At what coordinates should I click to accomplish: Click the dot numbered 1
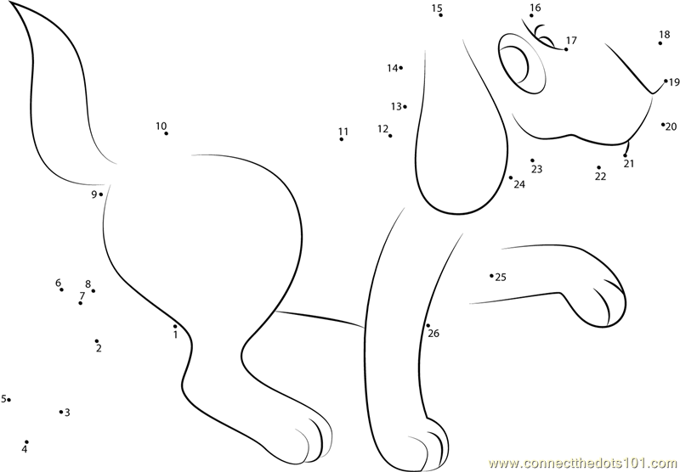coord(175,327)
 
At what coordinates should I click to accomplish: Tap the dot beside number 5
coord(8,400)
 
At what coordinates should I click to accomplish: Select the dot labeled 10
coord(166,133)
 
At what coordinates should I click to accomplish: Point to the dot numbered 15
coord(440,15)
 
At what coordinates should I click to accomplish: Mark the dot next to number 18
coord(660,43)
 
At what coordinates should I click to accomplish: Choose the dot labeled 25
coord(491,275)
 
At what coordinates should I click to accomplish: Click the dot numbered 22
coord(599,167)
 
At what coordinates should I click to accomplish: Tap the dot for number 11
coord(342,139)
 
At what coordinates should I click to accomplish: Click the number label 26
coord(433,333)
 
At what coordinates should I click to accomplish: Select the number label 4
coord(25,449)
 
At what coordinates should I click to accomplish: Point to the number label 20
coord(671,126)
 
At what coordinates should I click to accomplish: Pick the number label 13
coord(396,106)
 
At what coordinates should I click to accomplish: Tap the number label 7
coord(82,295)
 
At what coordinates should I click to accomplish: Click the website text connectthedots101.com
coord(583,464)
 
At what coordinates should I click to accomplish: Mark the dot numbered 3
coord(61,412)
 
